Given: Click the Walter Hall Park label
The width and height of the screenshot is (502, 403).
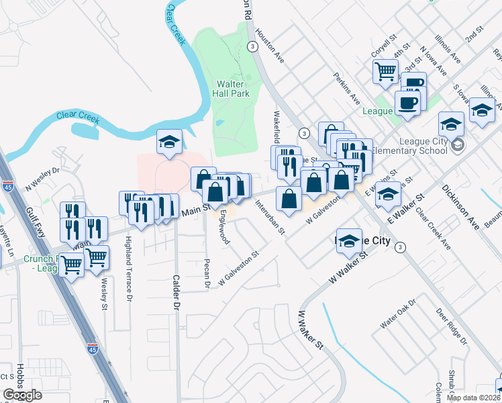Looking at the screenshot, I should (233, 89).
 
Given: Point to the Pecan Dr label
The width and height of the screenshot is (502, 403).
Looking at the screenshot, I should (207, 274).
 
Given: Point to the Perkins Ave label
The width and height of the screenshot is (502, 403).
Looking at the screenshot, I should (347, 88).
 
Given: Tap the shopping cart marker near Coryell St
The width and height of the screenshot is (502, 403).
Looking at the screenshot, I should (386, 71).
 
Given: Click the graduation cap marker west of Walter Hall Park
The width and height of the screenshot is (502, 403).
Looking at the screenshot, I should (170, 141).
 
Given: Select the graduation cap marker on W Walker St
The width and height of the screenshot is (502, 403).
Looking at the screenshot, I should (349, 240).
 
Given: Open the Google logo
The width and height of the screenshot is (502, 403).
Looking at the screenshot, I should (23, 394).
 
